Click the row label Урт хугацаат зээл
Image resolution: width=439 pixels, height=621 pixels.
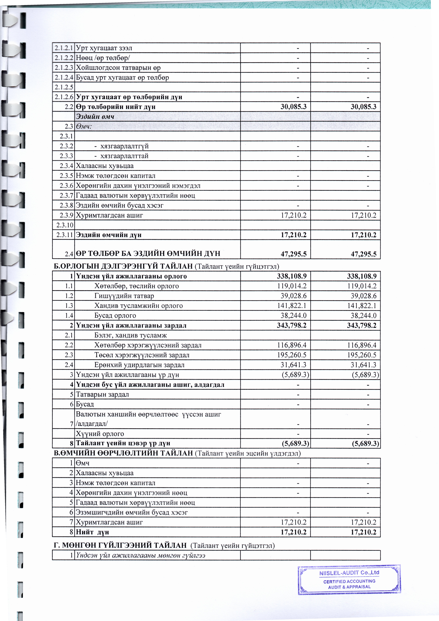click(104, 48)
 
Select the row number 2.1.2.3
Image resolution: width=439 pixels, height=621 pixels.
click(64, 68)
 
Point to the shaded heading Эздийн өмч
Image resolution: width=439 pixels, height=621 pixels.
click(95, 117)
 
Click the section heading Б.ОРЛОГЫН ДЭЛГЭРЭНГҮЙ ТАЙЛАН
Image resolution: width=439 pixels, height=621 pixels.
click(124, 266)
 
